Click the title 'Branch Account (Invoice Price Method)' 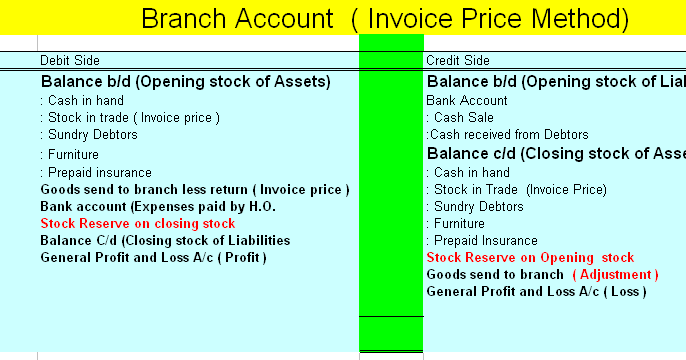point(385,18)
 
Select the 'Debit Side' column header point(70,61)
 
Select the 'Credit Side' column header point(458,61)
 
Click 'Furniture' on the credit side point(459,224)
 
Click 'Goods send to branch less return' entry point(194,190)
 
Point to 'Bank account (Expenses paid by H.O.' point(157,207)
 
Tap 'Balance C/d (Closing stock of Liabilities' point(165,241)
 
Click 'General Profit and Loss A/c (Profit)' point(153,258)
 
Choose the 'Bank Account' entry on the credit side point(467,101)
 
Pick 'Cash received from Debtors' point(507,135)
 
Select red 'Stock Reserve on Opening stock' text point(530,258)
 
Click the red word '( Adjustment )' point(615,275)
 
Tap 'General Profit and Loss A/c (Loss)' point(536,292)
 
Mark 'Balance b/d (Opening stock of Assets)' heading point(186,82)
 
